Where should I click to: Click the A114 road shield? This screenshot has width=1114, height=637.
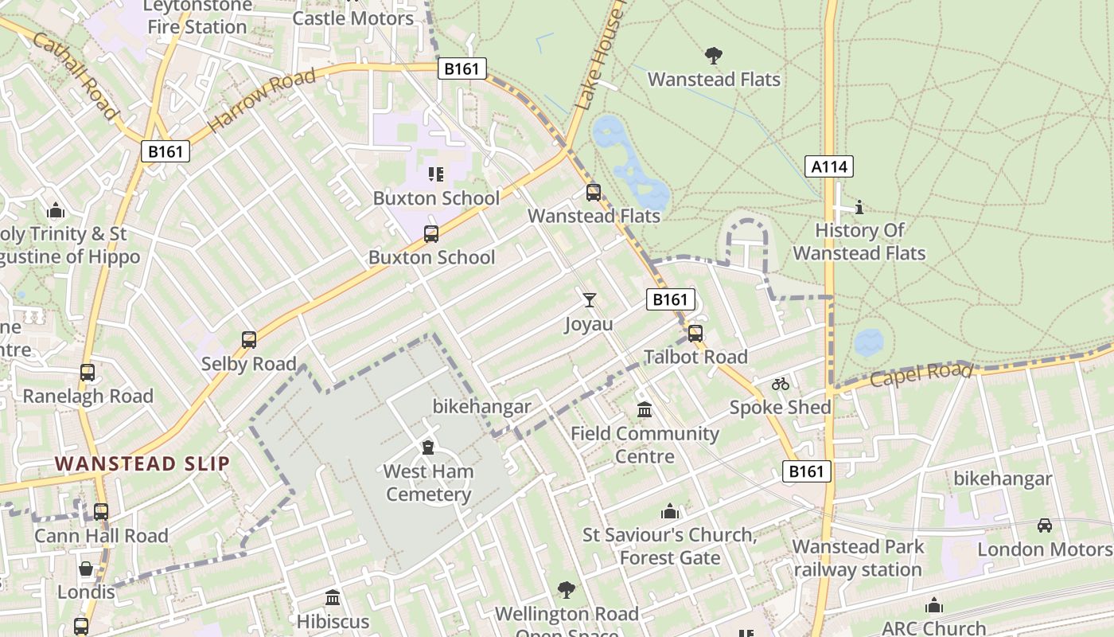[x=829, y=166]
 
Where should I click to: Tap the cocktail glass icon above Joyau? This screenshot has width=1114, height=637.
[x=589, y=300]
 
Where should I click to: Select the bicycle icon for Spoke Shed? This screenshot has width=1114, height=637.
[x=780, y=384]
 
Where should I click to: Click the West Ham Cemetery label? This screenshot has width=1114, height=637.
[x=428, y=483]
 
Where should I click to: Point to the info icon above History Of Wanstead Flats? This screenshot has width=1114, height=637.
[x=859, y=207]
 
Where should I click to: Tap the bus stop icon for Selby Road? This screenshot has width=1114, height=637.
[x=249, y=340]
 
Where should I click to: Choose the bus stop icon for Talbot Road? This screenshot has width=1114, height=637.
[x=695, y=334]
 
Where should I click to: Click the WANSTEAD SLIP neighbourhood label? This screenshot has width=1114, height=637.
[x=142, y=463]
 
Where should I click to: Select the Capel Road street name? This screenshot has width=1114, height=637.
[x=921, y=373]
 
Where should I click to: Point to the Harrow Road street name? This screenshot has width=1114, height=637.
[x=261, y=100]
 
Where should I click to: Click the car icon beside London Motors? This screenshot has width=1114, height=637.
[x=1044, y=526]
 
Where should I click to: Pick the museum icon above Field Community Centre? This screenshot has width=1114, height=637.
[x=645, y=410]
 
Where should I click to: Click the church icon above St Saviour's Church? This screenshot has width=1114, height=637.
[x=670, y=511]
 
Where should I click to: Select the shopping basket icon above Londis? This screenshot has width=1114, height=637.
[x=86, y=569]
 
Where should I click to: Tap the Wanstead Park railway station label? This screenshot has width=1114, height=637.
[x=858, y=558]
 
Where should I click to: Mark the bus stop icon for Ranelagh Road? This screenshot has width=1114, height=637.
[x=88, y=373]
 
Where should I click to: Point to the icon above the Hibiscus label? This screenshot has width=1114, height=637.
[x=333, y=597]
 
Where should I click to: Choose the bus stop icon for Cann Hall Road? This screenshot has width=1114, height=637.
[x=101, y=512]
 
